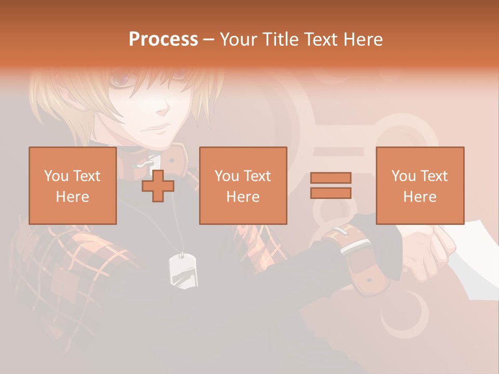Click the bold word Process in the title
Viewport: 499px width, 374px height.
pos(163,39)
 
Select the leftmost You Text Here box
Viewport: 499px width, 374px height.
pos(72,185)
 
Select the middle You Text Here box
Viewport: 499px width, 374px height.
pos(243,185)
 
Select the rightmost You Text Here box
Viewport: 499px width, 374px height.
pos(419,185)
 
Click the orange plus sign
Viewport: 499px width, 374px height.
pos(158,186)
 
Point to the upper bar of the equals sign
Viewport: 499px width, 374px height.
pos(331,178)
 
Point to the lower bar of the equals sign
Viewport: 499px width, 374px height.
pos(331,193)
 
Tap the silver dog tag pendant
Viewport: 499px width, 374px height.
pos(183,271)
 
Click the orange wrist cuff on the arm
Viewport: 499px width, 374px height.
pos(359,260)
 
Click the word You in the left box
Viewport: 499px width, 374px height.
pos(56,176)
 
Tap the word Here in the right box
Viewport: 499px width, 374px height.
pos(419,197)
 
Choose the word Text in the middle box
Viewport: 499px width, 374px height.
pos(257,176)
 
